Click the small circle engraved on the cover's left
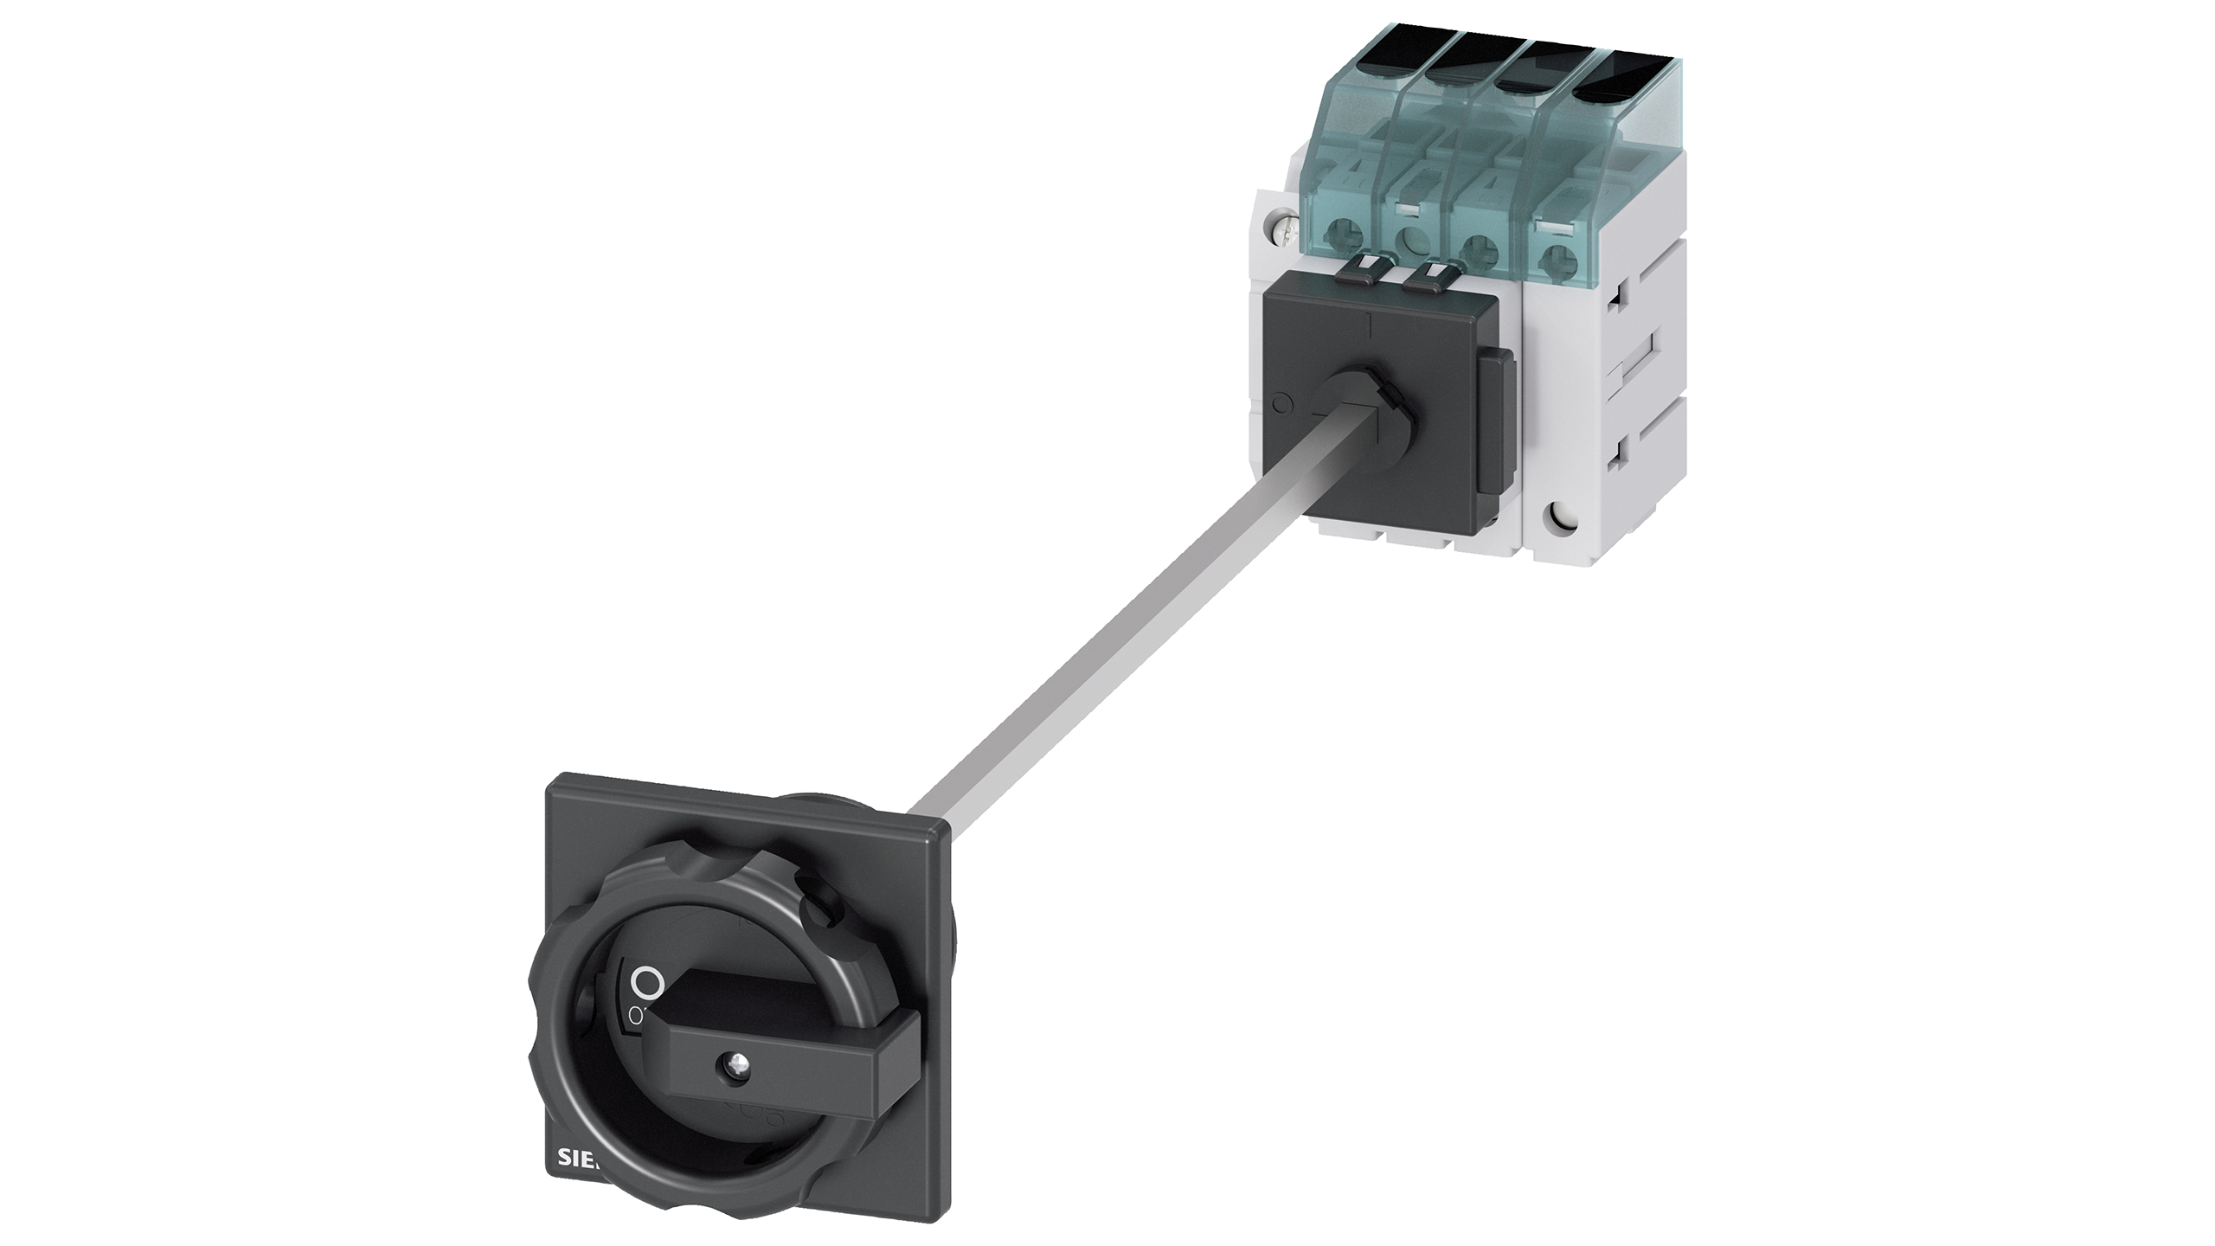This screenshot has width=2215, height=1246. pos(1284,402)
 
